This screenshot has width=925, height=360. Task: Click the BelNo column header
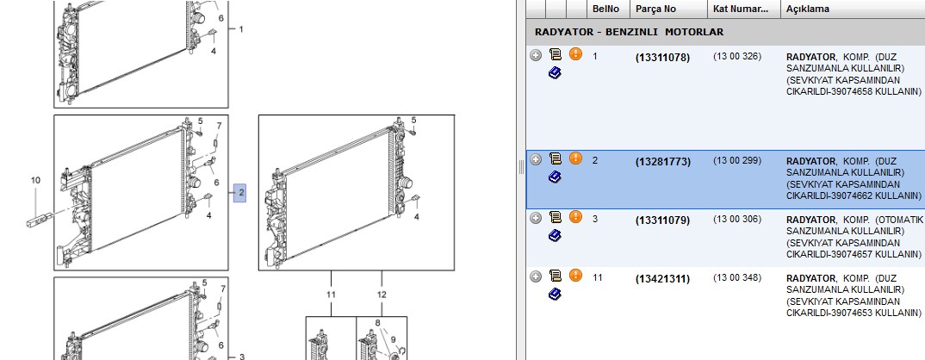pyautogui.click(x=605, y=9)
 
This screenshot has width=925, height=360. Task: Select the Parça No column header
pyautogui.click(x=656, y=9)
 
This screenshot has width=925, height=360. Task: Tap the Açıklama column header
pyautogui.click(x=808, y=9)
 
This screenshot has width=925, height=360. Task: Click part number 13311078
pyautogui.click(x=662, y=58)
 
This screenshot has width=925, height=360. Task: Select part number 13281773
pyautogui.click(x=662, y=162)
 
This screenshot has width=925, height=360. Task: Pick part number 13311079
pyautogui.click(x=662, y=220)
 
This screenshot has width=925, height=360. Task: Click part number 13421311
pyautogui.click(x=662, y=279)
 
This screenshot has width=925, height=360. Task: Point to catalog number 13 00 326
pyautogui.click(x=737, y=57)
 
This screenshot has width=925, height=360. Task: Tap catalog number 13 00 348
pyautogui.click(x=737, y=278)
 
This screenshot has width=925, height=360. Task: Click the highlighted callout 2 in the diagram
pyautogui.click(x=240, y=192)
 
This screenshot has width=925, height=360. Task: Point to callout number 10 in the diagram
pyautogui.click(x=35, y=180)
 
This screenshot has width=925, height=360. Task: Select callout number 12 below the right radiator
pyautogui.click(x=382, y=295)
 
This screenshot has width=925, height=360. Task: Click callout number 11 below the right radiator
pyautogui.click(x=331, y=295)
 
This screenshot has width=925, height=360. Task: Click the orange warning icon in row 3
pyautogui.click(x=576, y=216)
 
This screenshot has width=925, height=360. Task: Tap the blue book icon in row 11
pyautogui.click(x=555, y=294)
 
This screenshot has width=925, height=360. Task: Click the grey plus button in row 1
pyautogui.click(x=536, y=55)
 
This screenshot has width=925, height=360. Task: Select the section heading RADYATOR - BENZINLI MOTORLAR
pyautogui.click(x=629, y=32)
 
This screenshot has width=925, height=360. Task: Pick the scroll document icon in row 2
pyautogui.click(x=556, y=158)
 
